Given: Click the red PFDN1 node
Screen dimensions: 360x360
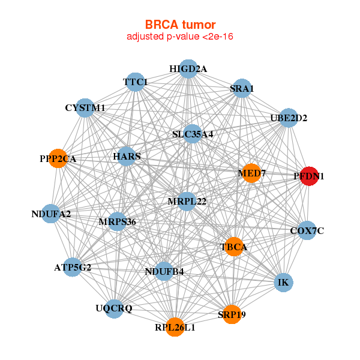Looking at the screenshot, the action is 309,176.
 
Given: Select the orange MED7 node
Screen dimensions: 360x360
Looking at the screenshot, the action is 251,173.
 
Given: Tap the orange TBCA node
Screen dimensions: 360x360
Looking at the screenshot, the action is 233,246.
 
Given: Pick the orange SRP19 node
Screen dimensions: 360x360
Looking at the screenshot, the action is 232,314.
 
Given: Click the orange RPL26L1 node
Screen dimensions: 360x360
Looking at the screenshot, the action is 175,327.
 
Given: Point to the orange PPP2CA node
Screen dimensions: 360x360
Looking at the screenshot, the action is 58,159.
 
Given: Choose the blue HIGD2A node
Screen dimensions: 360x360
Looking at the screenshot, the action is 188,68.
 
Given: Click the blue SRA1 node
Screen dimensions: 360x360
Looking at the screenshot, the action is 241,89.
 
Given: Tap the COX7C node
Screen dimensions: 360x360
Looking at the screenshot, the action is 307,230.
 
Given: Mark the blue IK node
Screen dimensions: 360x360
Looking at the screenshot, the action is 283,282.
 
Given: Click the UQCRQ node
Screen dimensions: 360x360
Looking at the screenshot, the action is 115,308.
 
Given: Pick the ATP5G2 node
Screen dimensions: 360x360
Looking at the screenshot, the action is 72,267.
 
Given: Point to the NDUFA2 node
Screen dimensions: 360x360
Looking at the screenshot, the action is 51,214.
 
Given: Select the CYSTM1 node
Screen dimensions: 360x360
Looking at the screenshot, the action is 85,108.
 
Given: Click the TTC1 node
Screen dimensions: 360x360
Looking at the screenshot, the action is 135,82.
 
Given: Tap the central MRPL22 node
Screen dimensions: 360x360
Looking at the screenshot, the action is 187,201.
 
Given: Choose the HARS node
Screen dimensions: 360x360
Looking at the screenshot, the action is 127,157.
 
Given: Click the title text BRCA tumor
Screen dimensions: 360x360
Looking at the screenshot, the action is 179,25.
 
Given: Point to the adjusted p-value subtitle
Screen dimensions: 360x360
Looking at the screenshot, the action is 179,37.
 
